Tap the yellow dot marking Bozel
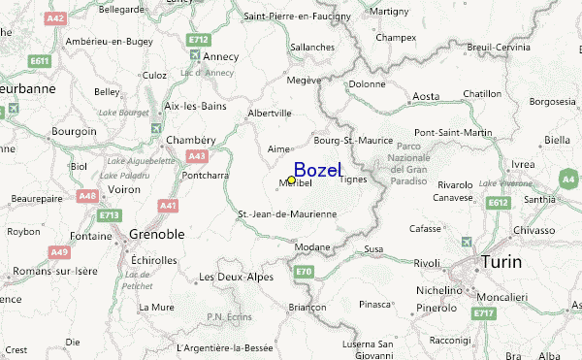[x=291, y=180]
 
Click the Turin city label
[x=501, y=262]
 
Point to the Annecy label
[x=220, y=55]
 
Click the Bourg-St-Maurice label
[x=353, y=140]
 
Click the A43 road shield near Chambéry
[x=197, y=155]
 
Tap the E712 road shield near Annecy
[x=199, y=40]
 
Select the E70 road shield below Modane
[x=304, y=271]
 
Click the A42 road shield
[x=56, y=17]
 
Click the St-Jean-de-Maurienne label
[x=287, y=213]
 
